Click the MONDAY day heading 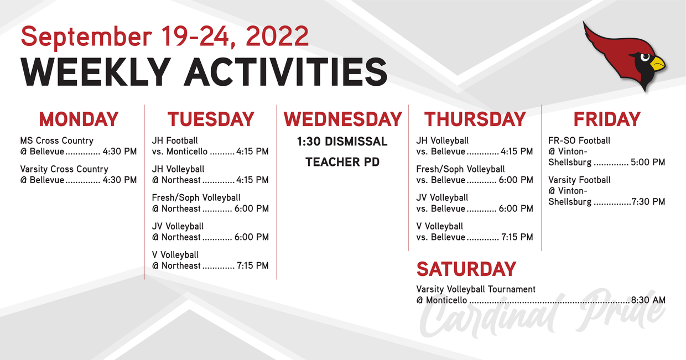[x=79, y=119]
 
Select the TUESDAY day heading [x=211, y=119]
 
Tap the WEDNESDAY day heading [x=342, y=119]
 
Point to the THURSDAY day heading [x=475, y=119]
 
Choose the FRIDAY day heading [x=607, y=119]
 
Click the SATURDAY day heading [x=466, y=269]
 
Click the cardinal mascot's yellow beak [x=657, y=64]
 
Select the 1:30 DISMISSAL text [x=342, y=142]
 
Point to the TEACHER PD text [x=342, y=162]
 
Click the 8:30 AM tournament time [x=648, y=300]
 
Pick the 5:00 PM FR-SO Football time [x=648, y=162]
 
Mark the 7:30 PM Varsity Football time [x=648, y=202]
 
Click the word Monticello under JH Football [x=187, y=152]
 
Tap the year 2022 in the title [x=277, y=36]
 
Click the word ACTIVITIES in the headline [x=286, y=72]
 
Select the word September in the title [x=86, y=38]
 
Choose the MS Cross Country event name [x=56, y=141]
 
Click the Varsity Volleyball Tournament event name [x=476, y=289]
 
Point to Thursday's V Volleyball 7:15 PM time [x=517, y=237]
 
